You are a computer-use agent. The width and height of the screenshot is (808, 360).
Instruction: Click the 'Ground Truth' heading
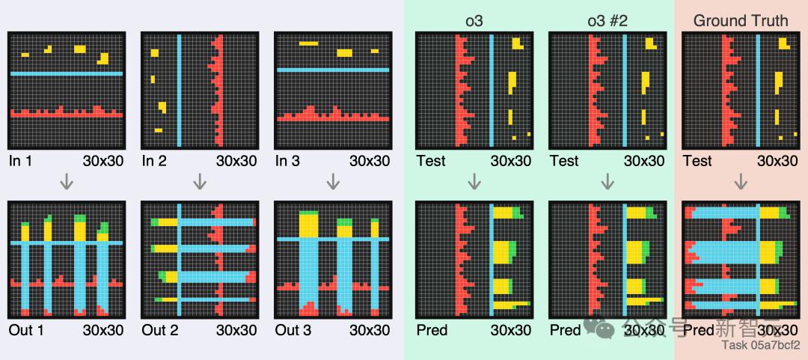click(x=740, y=20)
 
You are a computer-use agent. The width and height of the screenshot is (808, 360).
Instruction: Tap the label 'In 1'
click(x=21, y=161)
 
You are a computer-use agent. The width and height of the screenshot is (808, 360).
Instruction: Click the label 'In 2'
click(x=154, y=161)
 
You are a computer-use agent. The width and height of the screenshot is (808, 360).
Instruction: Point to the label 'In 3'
click(x=288, y=161)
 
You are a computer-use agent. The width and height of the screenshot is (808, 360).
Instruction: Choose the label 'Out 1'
click(x=25, y=330)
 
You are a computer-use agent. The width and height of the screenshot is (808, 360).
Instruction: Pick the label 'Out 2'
click(x=159, y=330)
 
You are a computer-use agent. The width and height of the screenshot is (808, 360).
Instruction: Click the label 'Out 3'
click(x=293, y=330)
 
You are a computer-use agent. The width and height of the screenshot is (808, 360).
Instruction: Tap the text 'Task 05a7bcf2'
click(x=760, y=345)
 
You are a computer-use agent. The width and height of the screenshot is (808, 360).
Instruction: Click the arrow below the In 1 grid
click(x=66, y=181)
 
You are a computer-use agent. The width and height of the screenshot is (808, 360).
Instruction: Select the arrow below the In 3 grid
click(x=333, y=181)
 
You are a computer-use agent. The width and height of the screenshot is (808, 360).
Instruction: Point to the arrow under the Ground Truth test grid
click(x=741, y=181)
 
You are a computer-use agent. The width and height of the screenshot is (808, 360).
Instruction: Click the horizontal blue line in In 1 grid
click(x=66, y=73)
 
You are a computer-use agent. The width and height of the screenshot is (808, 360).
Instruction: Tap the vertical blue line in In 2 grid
click(x=179, y=91)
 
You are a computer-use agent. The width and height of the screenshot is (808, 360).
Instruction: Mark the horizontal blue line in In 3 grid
click(x=333, y=70)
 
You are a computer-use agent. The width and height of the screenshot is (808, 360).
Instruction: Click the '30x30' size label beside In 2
click(x=236, y=161)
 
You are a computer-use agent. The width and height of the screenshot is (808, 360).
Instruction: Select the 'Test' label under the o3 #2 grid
click(x=563, y=161)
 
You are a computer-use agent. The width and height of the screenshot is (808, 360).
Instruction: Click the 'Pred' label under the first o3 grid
click(x=431, y=330)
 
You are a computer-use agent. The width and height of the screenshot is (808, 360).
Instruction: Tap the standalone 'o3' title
click(x=474, y=20)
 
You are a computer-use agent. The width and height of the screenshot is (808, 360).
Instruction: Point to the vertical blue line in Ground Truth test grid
click(x=758, y=91)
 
